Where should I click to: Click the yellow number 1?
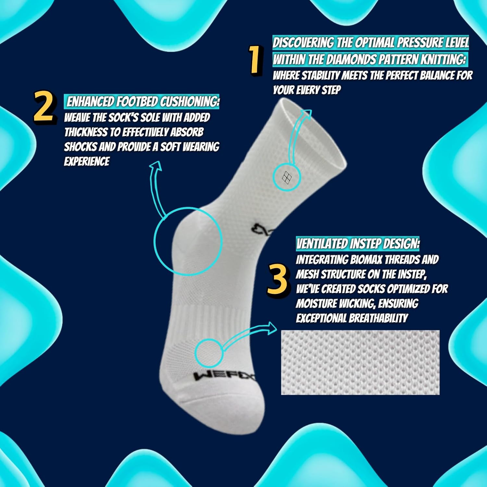point(256,60)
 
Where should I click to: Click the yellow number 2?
point(44,107)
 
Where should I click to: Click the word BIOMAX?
point(367,260)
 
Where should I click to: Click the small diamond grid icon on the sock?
point(287,177)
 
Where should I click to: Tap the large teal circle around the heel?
point(188,241)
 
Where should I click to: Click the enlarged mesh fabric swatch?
point(360,362)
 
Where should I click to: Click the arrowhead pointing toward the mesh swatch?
point(270,328)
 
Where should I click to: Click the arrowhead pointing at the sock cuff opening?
point(306,114)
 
